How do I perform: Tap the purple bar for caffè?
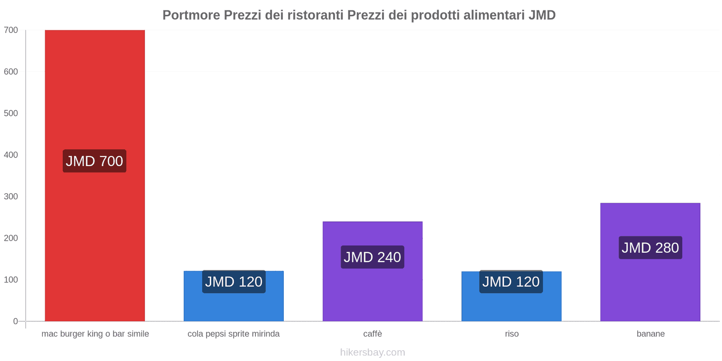click(372, 293)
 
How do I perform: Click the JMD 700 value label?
click(94, 161)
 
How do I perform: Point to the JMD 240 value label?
click(372, 257)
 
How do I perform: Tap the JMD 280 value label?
click(650, 248)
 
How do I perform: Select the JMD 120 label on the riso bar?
click(511, 282)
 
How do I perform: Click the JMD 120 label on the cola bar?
click(234, 282)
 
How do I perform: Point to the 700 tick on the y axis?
click(11, 30)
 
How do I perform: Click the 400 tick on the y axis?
click(11, 155)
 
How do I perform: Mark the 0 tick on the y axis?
click(16, 321)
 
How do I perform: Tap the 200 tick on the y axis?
click(11, 238)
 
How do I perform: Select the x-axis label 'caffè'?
click(373, 334)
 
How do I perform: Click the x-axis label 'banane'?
click(651, 334)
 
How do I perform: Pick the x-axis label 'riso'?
click(512, 334)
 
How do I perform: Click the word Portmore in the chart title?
click(191, 15)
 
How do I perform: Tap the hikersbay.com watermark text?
click(373, 352)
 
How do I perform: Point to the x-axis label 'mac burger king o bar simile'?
click(95, 334)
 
